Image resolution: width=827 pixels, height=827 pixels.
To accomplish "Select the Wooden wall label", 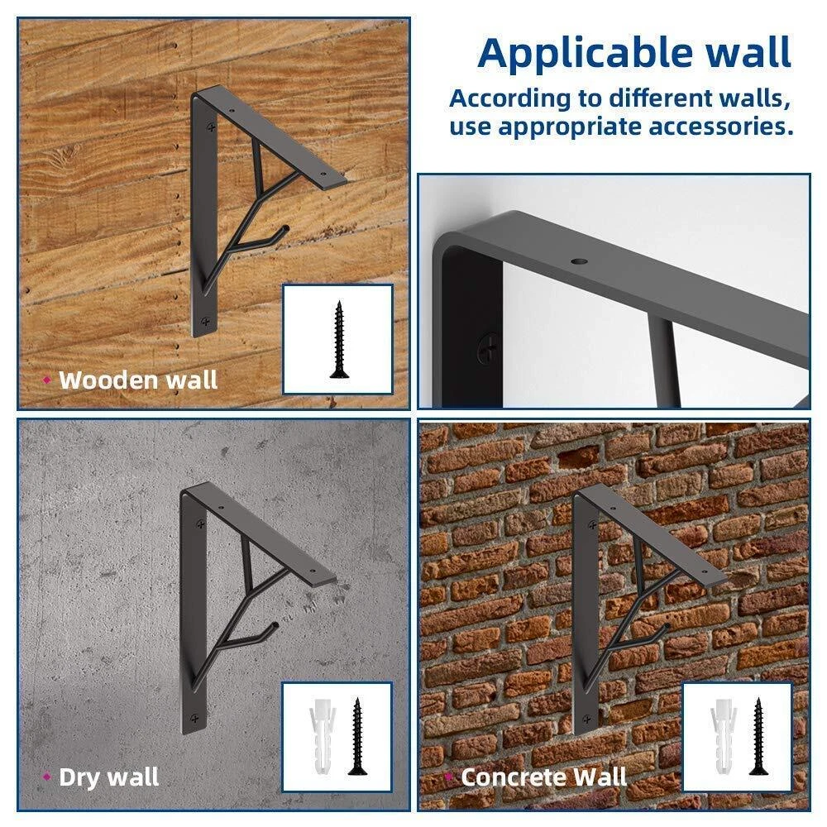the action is pyautogui.click(x=138, y=380).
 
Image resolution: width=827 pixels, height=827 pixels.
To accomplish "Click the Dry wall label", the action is pyautogui.click(x=109, y=777).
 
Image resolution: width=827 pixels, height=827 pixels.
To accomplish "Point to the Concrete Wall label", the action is pyautogui.click(x=544, y=777).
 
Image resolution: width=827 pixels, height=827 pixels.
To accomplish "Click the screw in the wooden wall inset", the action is pyautogui.click(x=339, y=340).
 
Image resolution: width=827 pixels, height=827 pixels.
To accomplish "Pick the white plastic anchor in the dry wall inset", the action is pyautogui.click(x=323, y=736).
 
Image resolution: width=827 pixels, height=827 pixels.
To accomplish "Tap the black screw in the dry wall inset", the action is pyautogui.click(x=357, y=736).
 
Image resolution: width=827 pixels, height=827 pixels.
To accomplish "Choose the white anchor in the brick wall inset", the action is pyautogui.click(x=723, y=736).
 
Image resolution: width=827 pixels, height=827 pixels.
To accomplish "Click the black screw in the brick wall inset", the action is pyautogui.click(x=758, y=736).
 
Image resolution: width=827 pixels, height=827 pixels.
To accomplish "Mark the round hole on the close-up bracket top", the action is pyautogui.click(x=579, y=261).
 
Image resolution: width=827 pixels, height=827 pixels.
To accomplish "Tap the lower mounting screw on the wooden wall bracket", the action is pyautogui.click(x=206, y=321).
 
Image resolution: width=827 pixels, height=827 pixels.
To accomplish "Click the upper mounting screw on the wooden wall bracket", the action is pyautogui.click(x=211, y=127).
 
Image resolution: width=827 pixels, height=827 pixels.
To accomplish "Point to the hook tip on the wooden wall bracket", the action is pyautogui.click(x=286, y=228).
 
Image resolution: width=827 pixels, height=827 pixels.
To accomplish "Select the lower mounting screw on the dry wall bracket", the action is pyautogui.click(x=194, y=718).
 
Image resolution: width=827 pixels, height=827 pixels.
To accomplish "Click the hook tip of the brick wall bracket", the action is pyautogui.click(x=667, y=627).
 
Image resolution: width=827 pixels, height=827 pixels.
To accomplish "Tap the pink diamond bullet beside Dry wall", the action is pyautogui.click(x=47, y=777).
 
